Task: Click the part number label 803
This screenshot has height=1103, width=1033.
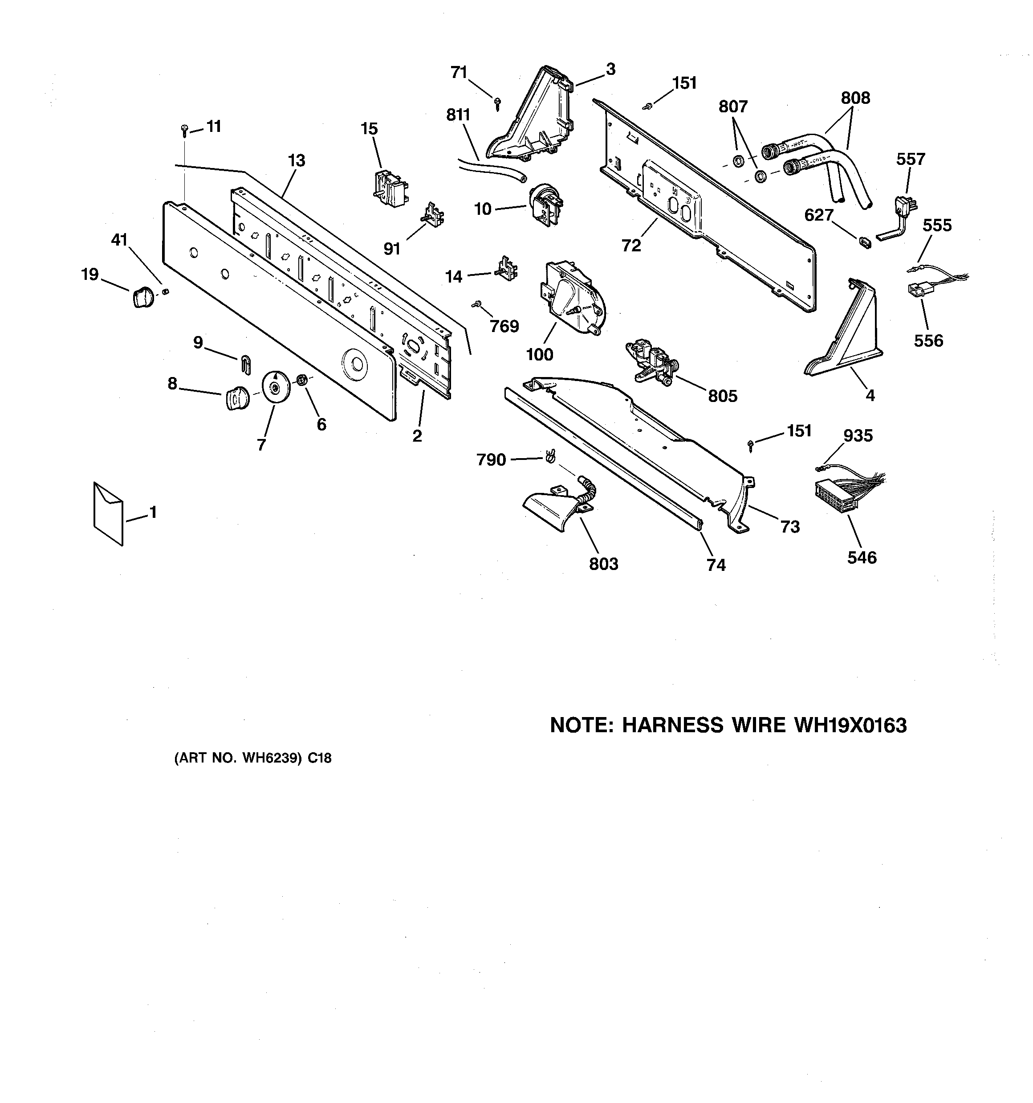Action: [x=603, y=564]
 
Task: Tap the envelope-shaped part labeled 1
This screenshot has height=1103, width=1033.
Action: [x=108, y=513]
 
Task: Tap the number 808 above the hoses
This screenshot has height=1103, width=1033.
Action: [x=855, y=98]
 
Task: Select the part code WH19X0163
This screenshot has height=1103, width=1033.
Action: [x=850, y=725]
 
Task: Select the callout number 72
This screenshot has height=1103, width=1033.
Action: [x=631, y=245]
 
